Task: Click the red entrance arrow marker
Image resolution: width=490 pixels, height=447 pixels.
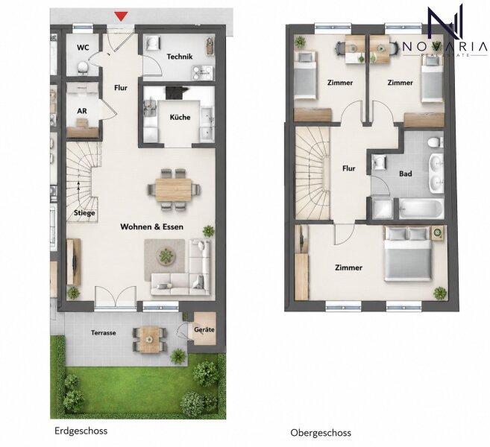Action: (121, 16)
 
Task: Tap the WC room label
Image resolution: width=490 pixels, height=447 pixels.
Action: (83, 48)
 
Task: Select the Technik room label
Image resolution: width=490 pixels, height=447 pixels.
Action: (180, 57)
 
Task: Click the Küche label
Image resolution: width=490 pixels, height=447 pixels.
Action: (180, 118)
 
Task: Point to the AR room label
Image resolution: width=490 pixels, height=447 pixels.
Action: (82, 111)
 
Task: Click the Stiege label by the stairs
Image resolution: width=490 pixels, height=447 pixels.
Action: (84, 213)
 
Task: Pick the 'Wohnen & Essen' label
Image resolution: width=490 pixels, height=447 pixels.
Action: (152, 227)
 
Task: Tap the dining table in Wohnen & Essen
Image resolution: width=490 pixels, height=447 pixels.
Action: (174, 189)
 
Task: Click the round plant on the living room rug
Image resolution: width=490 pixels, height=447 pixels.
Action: (166, 256)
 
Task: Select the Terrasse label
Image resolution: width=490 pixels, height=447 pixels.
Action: (104, 333)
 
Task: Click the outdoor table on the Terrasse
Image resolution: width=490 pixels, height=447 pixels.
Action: (150, 339)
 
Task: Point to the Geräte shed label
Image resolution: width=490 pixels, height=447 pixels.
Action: (204, 329)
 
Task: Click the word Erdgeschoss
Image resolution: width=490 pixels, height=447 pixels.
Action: (81, 431)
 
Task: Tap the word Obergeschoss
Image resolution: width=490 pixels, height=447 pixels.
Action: (321, 433)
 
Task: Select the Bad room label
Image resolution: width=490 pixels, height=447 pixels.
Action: (406, 174)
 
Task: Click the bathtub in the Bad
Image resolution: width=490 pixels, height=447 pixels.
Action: (421, 209)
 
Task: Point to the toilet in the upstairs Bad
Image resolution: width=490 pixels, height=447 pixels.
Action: (435, 142)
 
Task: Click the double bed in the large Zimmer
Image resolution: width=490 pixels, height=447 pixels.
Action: (408, 254)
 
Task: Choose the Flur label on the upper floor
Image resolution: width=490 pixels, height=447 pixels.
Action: (349, 168)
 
